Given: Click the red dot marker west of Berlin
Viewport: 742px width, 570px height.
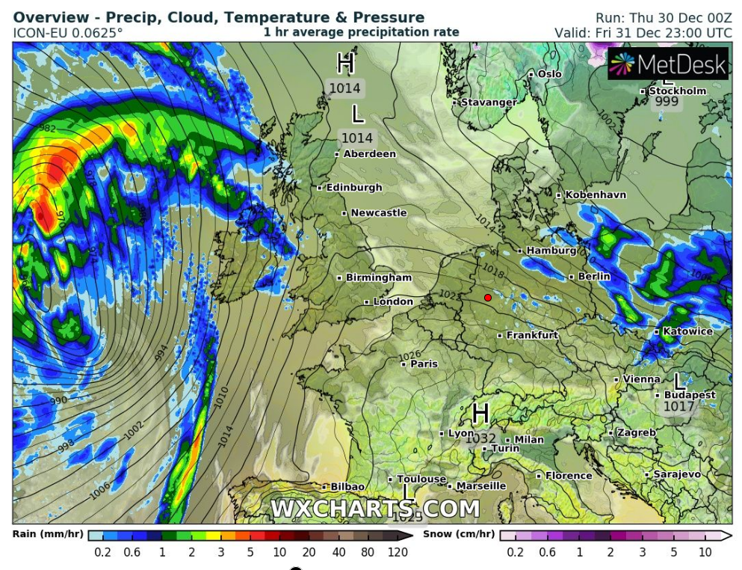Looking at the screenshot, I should tap(488, 297).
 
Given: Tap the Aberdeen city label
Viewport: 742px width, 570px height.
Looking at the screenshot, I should tap(369, 154).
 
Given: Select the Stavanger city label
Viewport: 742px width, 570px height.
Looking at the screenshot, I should tap(488, 102).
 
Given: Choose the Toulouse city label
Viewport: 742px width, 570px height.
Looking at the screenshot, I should tap(421, 479).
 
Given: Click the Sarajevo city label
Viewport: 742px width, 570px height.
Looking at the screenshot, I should tap(677, 475).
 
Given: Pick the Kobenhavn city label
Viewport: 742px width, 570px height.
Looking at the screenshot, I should tap(595, 195).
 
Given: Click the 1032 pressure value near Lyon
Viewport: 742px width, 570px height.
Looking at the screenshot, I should tap(481, 438).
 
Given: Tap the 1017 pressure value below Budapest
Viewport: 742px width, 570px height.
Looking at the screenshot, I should tap(678, 407).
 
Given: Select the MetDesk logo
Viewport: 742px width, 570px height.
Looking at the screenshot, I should tap(668, 64).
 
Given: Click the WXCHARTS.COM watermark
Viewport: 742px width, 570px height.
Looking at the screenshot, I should tap(374, 509).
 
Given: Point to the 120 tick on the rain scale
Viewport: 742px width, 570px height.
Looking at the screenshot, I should tap(398, 552).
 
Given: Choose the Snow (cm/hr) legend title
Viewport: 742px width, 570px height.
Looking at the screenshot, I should tap(458, 534).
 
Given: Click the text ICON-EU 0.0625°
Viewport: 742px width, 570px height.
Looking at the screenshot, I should tap(68, 33).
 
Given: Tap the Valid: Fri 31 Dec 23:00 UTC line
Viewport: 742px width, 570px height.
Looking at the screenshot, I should tap(643, 33).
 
